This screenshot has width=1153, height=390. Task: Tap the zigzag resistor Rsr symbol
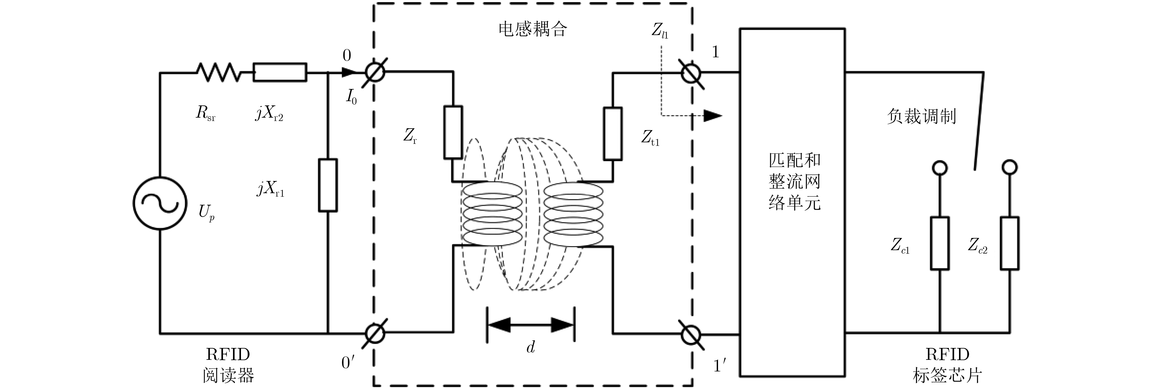pyautogui.click(x=218, y=72)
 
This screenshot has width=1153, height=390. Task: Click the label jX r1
pyautogui.click(x=270, y=189)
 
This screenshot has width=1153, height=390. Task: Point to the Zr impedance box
pyautogui.click(x=453, y=132)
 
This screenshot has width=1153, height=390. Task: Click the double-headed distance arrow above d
pyautogui.click(x=530, y=325)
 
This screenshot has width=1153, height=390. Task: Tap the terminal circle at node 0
pyautogui.click(x=375, y=72)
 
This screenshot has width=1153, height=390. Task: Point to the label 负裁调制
pyautogui.click(x=921, y=117)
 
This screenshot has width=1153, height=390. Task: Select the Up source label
pyautogui.click(x=206, y=212)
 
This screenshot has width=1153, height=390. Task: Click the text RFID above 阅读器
pyautogui.click(x=228, y=354)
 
